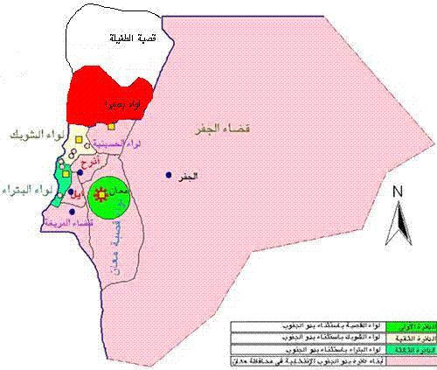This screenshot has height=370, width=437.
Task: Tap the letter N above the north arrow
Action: (x=398, y=192)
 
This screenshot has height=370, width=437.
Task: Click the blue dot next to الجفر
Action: (x=169, y=175)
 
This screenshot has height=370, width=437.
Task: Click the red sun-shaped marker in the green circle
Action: (x=109, y=192)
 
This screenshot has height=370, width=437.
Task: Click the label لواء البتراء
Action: (x=24, y=190)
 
